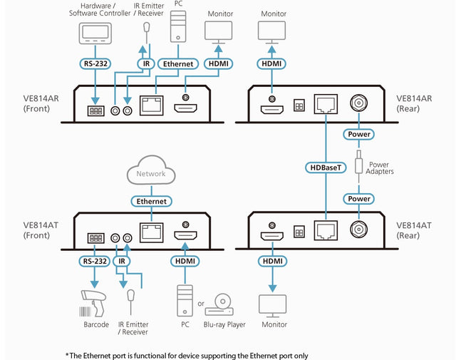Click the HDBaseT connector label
click(x=326, y=167)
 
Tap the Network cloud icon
click(x=151, y=173)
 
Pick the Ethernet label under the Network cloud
click(x=152, y=201)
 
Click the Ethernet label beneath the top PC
click(x=178, y=63)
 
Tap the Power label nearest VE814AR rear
click(x=359, y=133)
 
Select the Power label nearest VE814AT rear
click(x=359, y=198)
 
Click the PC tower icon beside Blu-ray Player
click(x=185, y=300)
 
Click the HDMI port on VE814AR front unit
click(x=186, y=108)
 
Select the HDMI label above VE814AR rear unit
click(x=272, y=63)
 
